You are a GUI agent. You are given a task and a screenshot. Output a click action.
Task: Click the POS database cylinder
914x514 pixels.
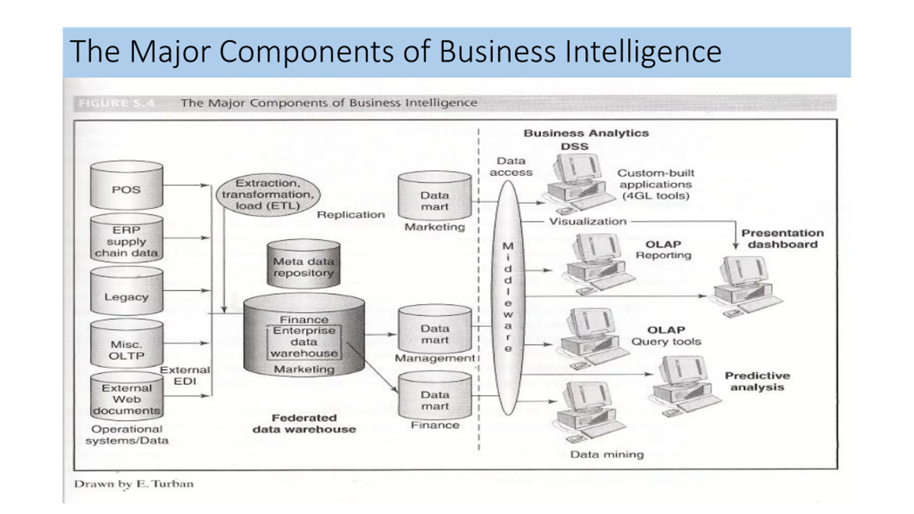pos(126,186)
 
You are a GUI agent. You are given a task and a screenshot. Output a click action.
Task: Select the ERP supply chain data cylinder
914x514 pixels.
pos(126,239)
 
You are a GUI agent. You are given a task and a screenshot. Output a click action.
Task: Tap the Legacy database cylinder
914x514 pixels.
pos(126,292)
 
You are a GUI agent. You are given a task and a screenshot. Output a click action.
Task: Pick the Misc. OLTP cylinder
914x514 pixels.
pos(126,344)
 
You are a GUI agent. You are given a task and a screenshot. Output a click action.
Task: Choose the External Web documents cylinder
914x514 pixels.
pos(126,396)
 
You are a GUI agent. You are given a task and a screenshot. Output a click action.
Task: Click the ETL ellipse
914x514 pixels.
pos(268,195)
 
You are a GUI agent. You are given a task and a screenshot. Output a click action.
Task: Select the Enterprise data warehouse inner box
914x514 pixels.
pos(304,342)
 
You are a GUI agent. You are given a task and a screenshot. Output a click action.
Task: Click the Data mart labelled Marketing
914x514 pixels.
pos(435,196)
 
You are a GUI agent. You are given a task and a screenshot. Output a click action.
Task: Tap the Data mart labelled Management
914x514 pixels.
pos(435,330)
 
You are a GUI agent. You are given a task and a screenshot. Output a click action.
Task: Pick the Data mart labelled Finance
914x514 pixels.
pos(435,396)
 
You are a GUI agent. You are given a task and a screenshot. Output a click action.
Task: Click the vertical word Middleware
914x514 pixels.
pos(508,297)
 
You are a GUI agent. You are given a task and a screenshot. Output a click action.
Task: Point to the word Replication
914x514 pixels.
pos(351,215)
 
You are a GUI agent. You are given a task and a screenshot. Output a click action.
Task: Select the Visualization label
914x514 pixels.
pos(588,222)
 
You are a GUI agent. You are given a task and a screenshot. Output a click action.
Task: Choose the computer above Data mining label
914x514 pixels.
pos(587,410)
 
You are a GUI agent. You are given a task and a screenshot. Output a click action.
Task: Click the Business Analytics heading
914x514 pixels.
pos(586,133)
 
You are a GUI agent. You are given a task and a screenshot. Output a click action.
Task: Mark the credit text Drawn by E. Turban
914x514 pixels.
pos(134,484)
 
